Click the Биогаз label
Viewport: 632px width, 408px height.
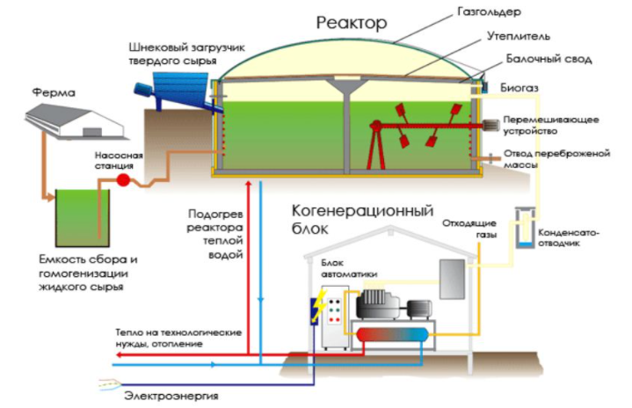click(523, 88)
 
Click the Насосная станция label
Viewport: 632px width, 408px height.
click(113, 158)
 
